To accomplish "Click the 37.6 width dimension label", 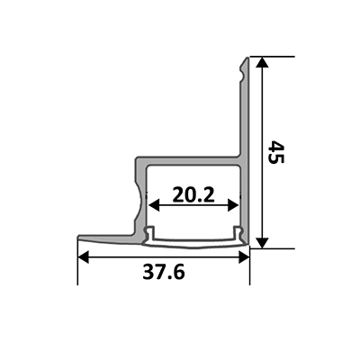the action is (164, 272).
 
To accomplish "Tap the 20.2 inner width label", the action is (193, 194).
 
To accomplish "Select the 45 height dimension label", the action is (275, 152).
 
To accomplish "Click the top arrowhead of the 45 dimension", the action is (263, 62).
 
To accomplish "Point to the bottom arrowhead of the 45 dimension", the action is (263, 242).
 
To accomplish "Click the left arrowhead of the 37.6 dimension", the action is (84, 257).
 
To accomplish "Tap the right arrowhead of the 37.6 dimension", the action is (244, 257).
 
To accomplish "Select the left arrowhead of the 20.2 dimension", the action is (154, 205).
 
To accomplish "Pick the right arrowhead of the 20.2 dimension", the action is (233, 205).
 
